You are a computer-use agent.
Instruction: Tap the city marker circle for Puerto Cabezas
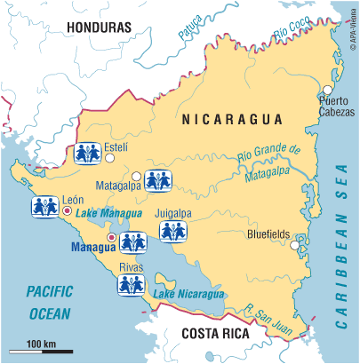(327, 90)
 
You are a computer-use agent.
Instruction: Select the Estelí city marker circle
(110, 157)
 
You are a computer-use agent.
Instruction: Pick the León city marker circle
(67, 210)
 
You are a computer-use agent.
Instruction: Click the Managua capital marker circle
(110, 238)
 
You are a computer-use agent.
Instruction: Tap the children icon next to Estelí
(90, 152)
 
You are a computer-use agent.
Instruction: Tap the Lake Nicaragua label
(188, 293)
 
